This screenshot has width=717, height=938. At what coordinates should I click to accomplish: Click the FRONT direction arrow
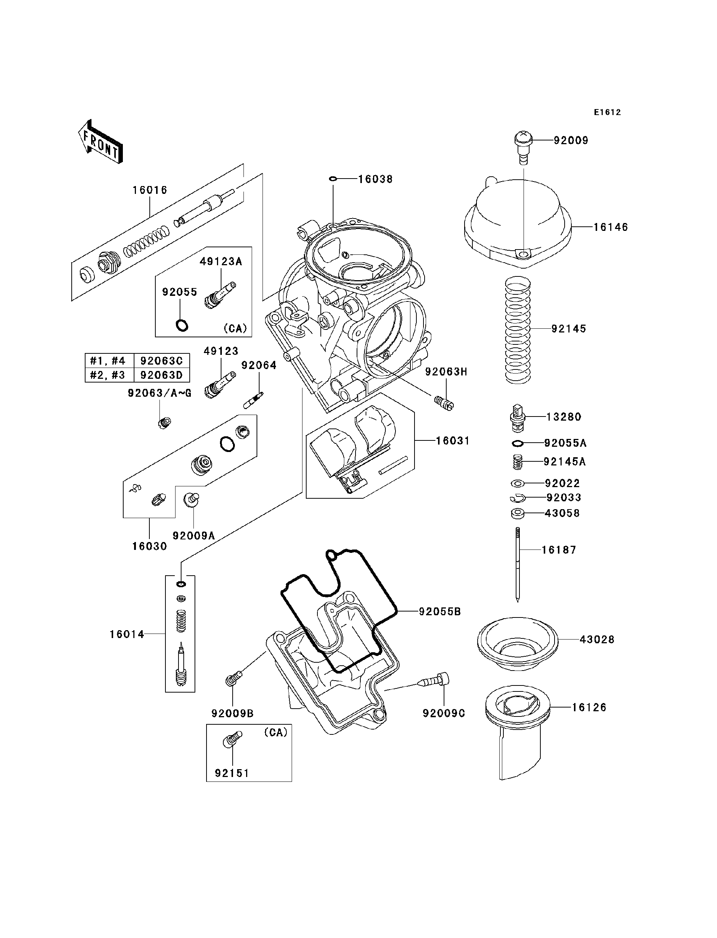click(x=101, y=142)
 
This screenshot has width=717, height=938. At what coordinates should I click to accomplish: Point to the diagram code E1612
click(x=607, y=112)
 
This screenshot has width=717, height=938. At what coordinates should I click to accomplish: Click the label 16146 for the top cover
click(x=611, y=227)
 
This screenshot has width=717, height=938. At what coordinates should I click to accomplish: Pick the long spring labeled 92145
click(x=518, y=329)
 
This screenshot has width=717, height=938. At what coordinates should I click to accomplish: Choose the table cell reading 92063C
click(x=161, y=361)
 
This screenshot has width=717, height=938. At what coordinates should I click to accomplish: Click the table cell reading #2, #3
click(x=108, y=375)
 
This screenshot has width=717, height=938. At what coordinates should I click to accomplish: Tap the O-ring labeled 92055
click(x=182, y=325)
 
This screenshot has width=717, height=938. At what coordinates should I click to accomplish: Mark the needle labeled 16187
click(x=518, y=564)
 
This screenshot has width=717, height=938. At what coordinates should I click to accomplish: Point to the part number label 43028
click(x=597, y=640)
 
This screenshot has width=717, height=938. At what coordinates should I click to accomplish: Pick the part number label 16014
click(x=127, y=634)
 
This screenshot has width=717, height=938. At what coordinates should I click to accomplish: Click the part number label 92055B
click(x=440, y=612)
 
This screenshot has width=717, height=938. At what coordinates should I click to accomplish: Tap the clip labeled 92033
click(x=517, y=498)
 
